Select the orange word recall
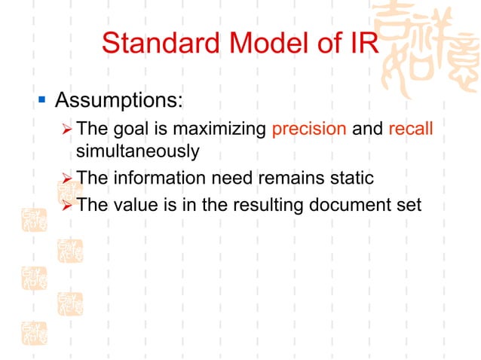point(411,128)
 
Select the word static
point(353,178)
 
